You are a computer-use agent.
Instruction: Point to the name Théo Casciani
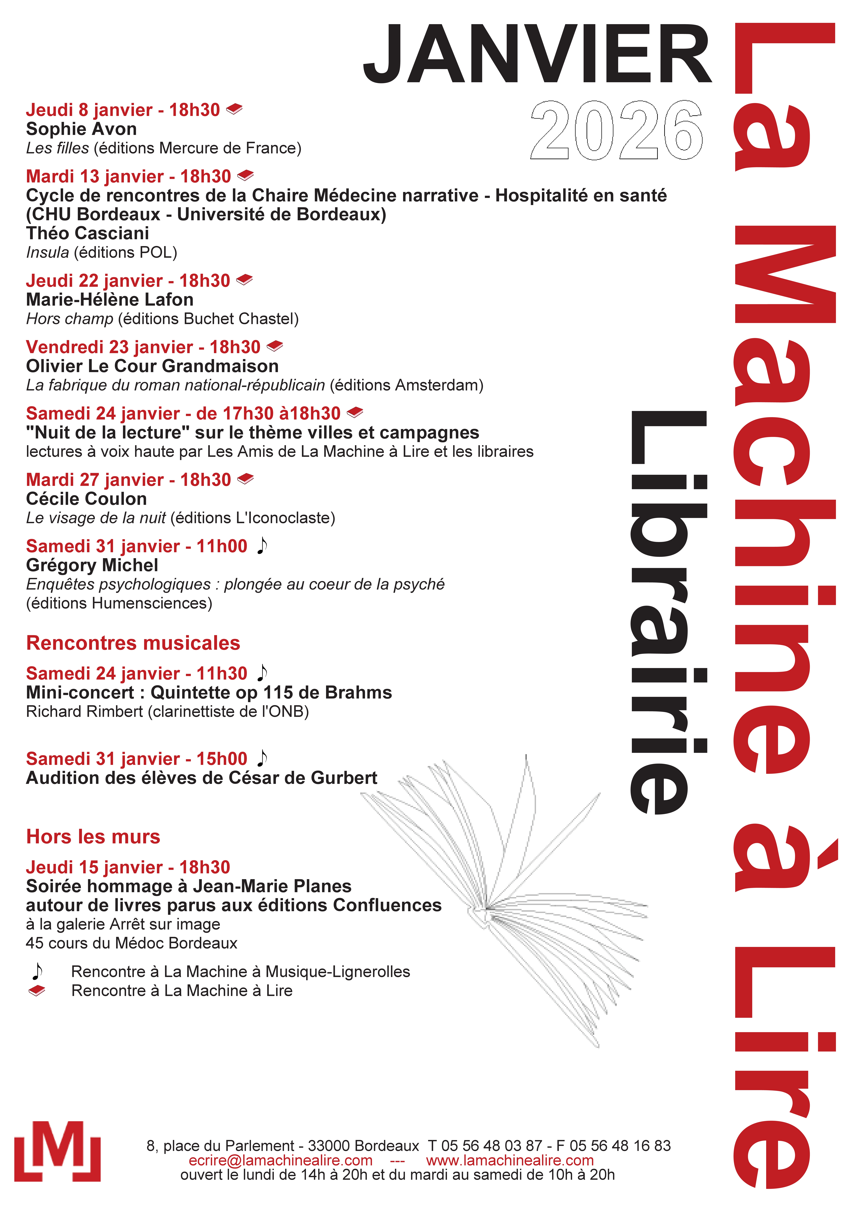click(x=87, y=233)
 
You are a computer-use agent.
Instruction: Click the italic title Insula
click(x=47, y=253)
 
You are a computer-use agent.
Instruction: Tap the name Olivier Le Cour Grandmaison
click(x=152, y=366)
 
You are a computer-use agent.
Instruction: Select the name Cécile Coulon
click(x=86, y=499)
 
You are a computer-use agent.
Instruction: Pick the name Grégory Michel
click(x=92, y=565)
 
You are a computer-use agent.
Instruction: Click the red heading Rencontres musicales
click(x=133, y=643)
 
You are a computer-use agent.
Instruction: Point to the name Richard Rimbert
click(x=84, y=711)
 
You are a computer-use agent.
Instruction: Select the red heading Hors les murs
click(x=93, y=837)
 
